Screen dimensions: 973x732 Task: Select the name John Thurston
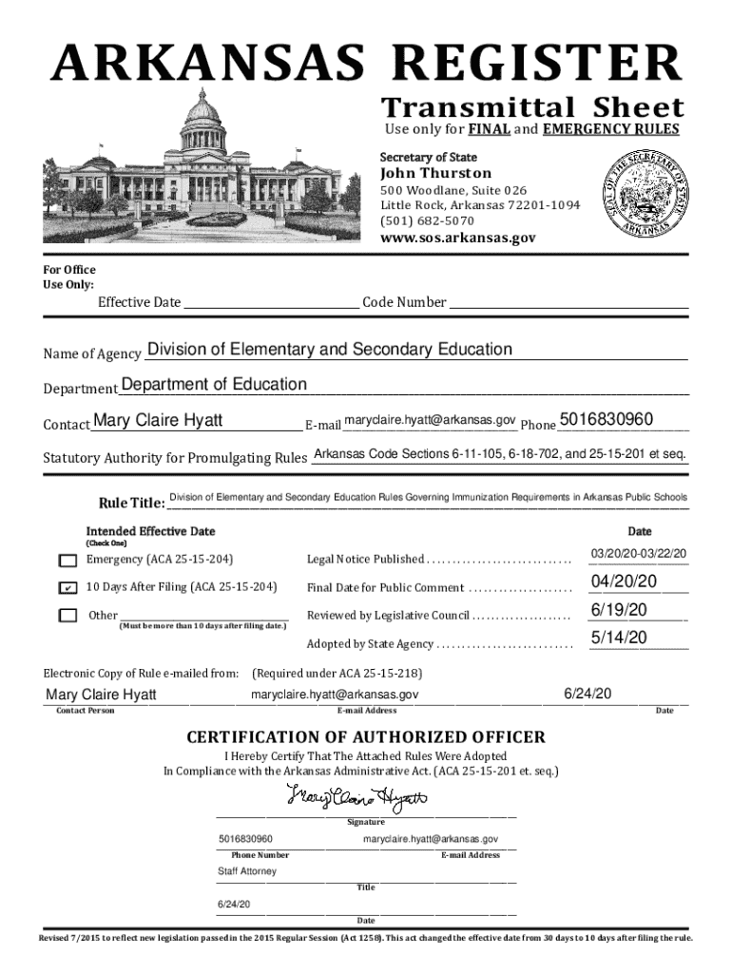click(x=435, y=173)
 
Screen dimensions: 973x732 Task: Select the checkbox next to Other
click(x=67, y=616)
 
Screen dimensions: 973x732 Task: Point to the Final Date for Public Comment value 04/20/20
click(x=623, y=582)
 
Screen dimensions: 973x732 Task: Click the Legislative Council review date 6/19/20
click(x=619, y=609)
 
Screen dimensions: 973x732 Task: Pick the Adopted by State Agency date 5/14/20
click(x=619, y=638)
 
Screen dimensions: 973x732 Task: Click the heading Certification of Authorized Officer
click(x=366, y=737)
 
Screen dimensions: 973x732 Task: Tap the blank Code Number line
click(x=568, y=303)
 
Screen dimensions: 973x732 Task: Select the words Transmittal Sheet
click(x=531, y=107)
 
